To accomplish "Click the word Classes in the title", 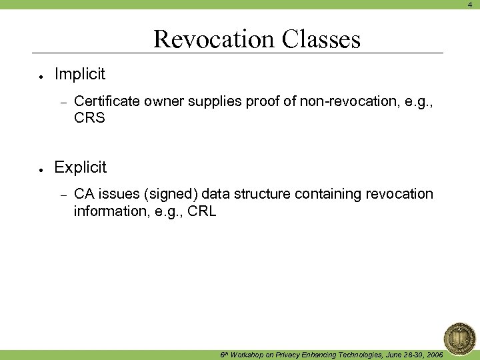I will point(321,39).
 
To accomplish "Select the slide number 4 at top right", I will point(469,4).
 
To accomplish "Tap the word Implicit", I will point(80,74).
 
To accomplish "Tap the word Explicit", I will point(81,167).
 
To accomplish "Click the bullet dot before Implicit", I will point(41,75).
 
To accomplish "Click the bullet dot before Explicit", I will point(41,168).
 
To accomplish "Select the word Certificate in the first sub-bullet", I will point(107,101).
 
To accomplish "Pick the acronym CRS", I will point(89,119).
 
